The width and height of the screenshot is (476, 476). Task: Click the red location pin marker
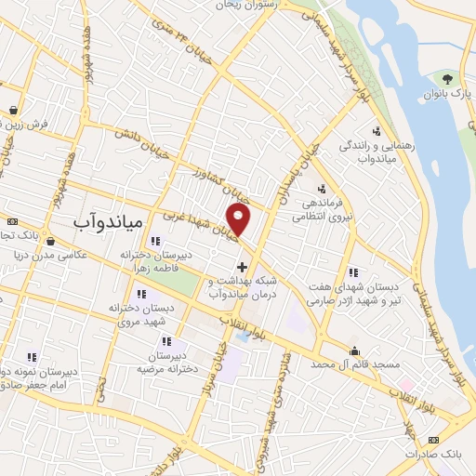(x=240, y=220)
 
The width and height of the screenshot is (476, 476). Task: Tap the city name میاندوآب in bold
(x=106, y=222)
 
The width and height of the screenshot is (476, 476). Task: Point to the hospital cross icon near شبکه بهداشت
(x=243, y=267)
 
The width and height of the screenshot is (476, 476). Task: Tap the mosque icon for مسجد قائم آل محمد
(x=355, y=351)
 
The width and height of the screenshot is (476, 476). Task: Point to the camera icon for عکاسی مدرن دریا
(x=48, y=239)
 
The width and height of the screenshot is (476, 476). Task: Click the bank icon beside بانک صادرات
(x=432, y=438)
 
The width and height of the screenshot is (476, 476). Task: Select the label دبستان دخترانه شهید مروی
(x=149, y=314)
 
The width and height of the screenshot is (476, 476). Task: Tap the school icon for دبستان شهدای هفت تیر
(x=353, y=273)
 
